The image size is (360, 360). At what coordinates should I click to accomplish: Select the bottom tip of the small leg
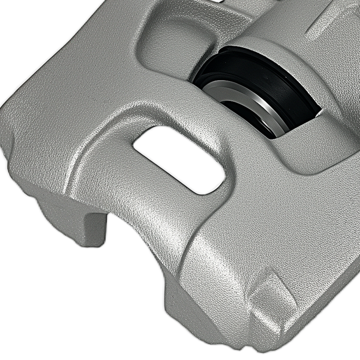[x=95, y=243]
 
